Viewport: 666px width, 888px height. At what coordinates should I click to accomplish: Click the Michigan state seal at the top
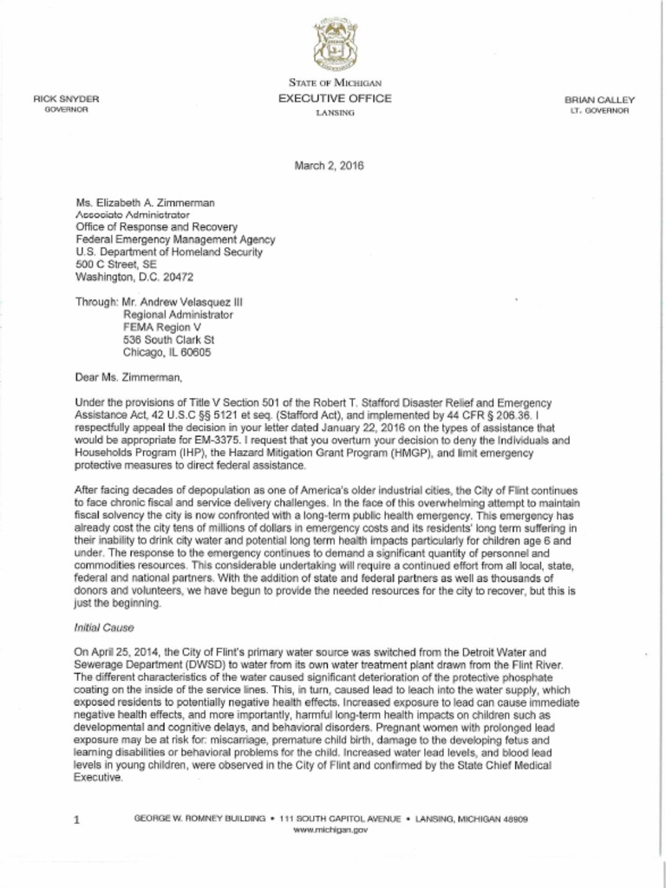[335, 44]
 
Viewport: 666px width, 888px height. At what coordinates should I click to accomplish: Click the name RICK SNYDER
[66, 100]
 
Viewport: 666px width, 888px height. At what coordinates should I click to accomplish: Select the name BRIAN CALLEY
[599, 100]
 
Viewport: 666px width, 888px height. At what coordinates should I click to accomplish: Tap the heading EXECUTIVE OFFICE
[335, 99]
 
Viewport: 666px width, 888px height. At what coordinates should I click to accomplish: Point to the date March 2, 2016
[334, 166]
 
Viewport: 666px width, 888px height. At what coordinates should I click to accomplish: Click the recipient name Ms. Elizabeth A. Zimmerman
[145, 201]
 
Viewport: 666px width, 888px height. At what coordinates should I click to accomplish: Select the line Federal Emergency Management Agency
[175, 239]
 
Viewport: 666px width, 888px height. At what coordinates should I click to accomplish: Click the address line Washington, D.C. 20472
[134, 277]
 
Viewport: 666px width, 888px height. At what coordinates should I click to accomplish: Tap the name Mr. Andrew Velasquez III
[183, 303]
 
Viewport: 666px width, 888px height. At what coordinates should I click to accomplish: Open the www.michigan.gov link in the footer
[331, 830]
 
